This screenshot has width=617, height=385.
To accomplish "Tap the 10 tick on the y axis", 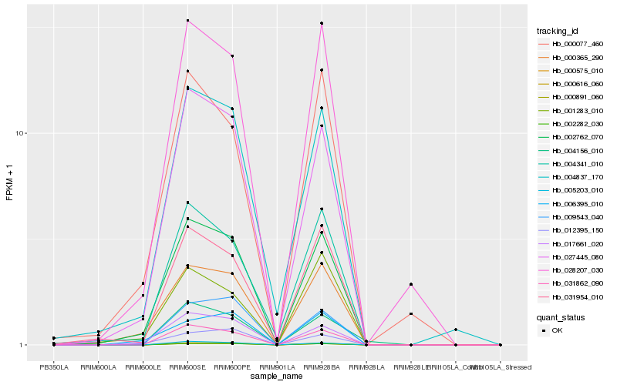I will tap(22, 133).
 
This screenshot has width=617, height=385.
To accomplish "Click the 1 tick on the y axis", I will tap(24, 345).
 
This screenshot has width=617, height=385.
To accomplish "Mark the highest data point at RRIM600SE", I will tap(187, 20).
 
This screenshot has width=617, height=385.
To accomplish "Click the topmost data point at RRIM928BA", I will tap(322, 23).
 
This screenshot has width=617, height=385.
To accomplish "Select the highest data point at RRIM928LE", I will tap(411, 284).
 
